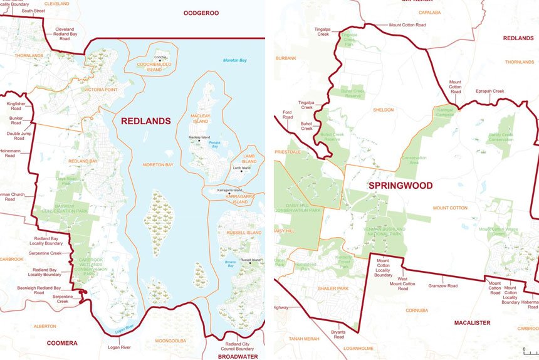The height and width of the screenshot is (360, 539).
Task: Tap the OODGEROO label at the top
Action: (201, 13)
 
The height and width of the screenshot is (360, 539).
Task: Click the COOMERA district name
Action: (62, 343)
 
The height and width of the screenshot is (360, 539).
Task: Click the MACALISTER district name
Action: (472, 322)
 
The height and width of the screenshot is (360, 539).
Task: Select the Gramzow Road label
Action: (442, 285)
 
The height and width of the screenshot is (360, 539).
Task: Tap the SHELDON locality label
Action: (383, 110)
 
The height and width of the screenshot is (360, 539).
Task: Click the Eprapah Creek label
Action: (489, 91)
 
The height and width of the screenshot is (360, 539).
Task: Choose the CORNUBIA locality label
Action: (416, 310)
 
